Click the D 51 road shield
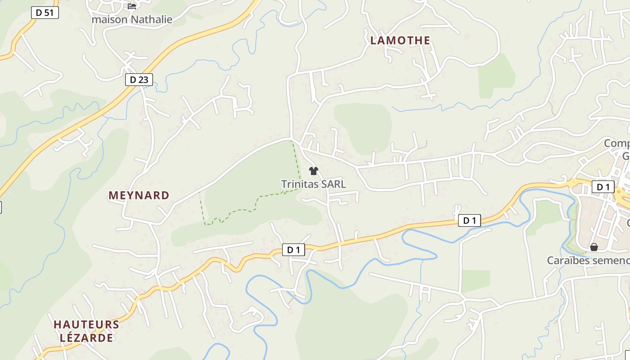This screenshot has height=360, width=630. (x=45, y=13)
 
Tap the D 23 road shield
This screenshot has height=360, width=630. (x=139, y=80)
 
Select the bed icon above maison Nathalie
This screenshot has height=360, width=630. (x=132, y=6)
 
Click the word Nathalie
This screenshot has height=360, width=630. (x=152, y=20)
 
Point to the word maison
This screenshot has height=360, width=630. (x=110, y=20)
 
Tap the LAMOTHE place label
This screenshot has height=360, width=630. (x=400, y=40)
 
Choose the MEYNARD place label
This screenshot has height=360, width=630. (x=139, y=195)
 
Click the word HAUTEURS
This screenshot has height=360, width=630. (x=86, y=324)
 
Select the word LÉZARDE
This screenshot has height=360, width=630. (x=86, y=337)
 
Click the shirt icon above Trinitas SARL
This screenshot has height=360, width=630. (x=314, y=171)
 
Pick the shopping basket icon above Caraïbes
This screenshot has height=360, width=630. (x=594, y=247)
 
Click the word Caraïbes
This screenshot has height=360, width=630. (x=567, y=261)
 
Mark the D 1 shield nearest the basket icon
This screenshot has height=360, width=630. (x=603, y=187)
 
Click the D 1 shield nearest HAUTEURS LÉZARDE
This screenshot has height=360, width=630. (x=293, y=250)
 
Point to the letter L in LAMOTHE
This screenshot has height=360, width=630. (x=373, y=40)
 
